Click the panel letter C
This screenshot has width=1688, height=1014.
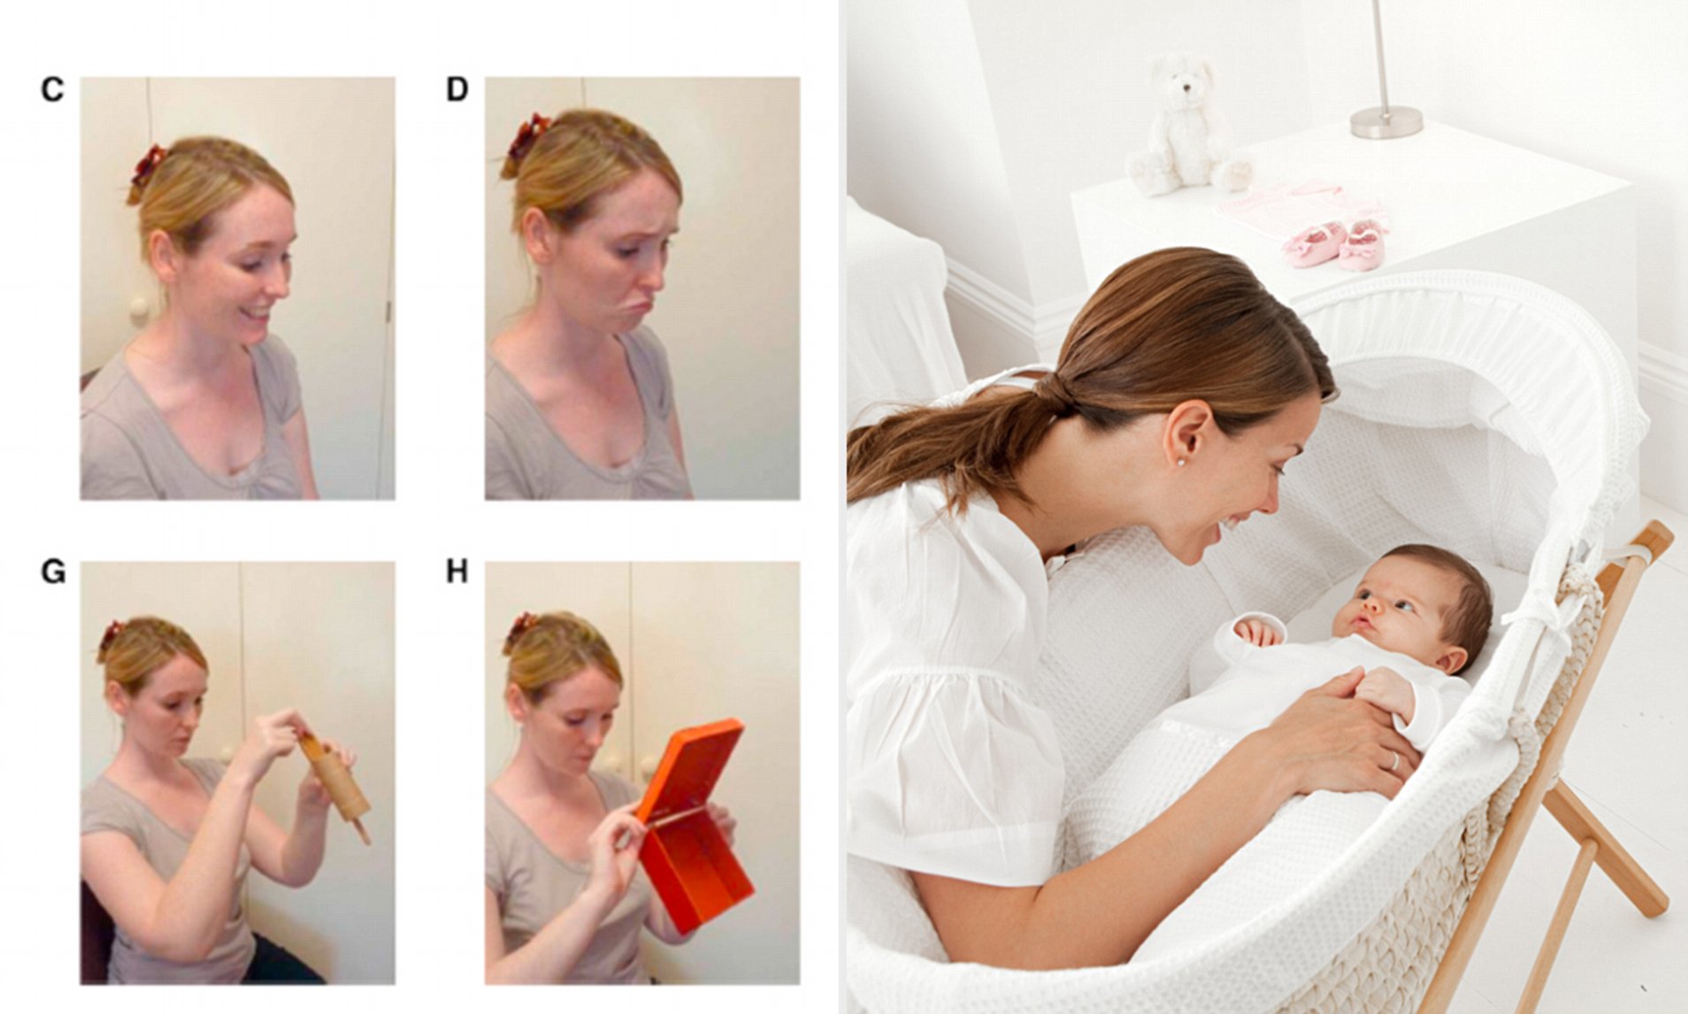pyautogui.click(x=52, y=89)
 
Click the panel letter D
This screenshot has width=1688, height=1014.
pyautogui.click(x=457, y=89)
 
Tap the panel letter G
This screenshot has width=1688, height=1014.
pyautogui.click(x=53, y=572)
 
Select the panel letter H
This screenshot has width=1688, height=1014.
pyautogui.click(x=457, y=572)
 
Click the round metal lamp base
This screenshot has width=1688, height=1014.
pyautogui.click(x=1385, y=121)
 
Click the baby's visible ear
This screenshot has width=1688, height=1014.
pyautogui.click(x=1452, y=661)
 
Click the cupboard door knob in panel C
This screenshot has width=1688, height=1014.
pyautogui.click(x=139, y=310)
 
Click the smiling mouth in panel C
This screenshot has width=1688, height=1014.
pyautogui.click(x=258, y=313)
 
